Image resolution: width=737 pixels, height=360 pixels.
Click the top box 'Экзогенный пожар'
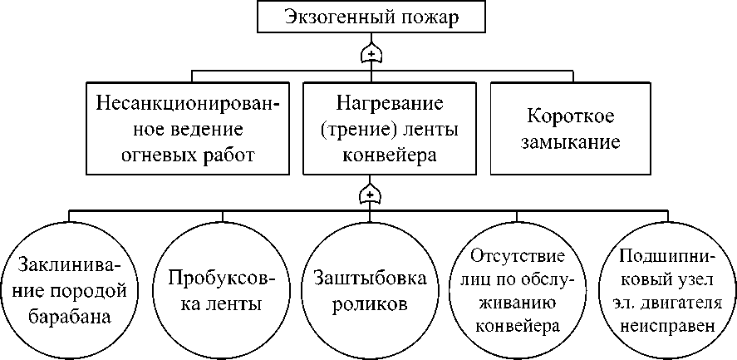pos(371,17)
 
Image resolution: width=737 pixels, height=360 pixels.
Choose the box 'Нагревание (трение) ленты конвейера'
pos(390,128)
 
